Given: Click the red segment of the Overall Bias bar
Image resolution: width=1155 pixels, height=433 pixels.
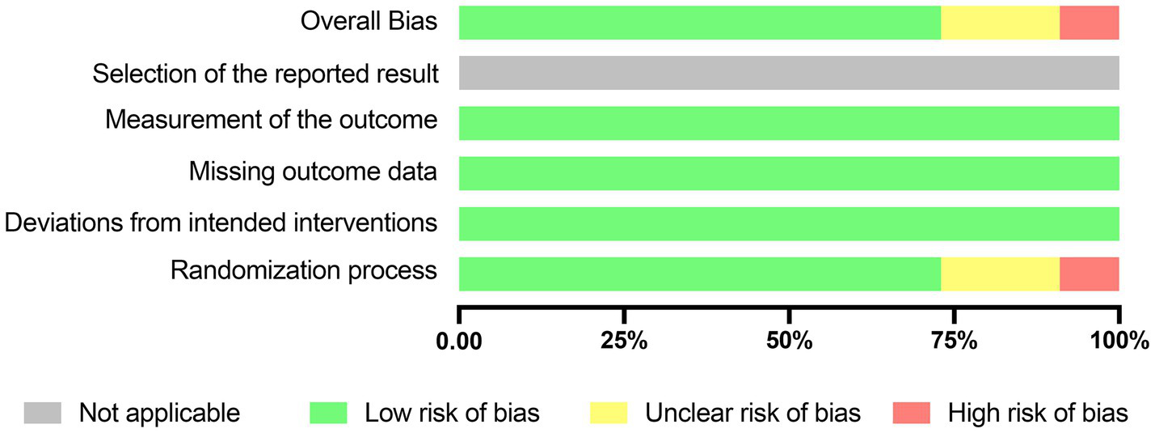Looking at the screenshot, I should (1089, 23).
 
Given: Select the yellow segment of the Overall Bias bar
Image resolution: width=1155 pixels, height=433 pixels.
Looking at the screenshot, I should (1000, 23).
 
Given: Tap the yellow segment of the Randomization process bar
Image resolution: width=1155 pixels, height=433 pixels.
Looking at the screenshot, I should (1000, 274).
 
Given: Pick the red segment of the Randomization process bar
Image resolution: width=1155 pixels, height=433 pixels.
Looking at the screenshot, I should (1089, 274).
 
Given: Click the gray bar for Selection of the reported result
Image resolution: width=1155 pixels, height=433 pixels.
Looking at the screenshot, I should (788, 73).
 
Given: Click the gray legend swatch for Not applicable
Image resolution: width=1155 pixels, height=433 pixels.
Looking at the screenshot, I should (42, 413).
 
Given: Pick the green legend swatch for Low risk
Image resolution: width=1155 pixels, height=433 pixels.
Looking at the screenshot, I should (328, 413).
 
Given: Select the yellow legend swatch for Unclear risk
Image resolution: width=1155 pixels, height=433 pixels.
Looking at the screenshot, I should (608, 413).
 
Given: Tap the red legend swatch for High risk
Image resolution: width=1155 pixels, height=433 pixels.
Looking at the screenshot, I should (910, 413).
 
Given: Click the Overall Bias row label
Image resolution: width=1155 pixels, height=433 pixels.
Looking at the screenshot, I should (369, 22).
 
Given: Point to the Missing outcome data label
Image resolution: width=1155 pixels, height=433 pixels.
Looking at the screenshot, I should (313, 172).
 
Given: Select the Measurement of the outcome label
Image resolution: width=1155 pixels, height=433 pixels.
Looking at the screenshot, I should (271, 121).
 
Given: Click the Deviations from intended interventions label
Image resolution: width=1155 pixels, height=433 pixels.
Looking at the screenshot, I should (221, 223).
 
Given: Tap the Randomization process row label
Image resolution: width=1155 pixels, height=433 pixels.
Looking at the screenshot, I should (304, 271).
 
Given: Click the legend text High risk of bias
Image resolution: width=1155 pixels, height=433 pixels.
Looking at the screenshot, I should (1038, 413).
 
